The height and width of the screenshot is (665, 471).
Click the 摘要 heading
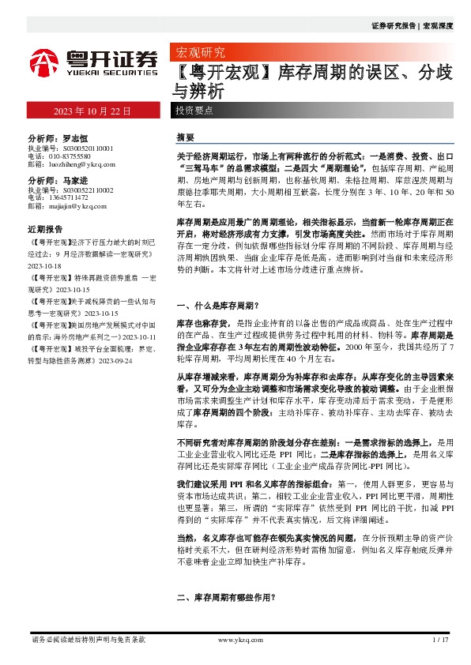point(186,137)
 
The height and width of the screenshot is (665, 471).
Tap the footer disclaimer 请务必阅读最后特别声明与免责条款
point(88,639)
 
